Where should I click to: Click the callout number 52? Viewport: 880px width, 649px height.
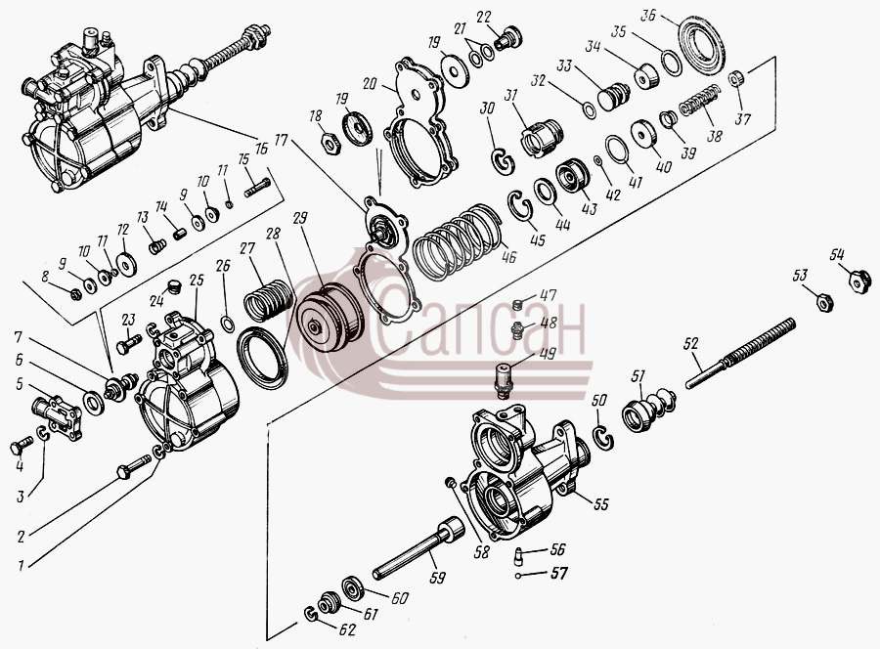coord(692,343)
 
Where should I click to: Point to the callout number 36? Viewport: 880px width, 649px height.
coord(647,16)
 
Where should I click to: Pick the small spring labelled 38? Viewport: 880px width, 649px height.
coord(700,100)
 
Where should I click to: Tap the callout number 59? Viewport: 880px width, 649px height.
coord(437,577)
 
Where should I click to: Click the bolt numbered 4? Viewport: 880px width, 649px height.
coord(22,446)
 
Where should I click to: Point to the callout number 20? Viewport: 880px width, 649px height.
coord(370,84)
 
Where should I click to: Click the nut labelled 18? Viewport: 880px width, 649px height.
coord(331,144)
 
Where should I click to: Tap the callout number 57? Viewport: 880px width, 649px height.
coord(558,573)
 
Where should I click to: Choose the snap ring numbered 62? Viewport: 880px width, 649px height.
coord(310,615)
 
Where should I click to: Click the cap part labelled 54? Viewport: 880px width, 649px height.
coord(859,280)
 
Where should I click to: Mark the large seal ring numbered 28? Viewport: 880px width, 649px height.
coord(263,359)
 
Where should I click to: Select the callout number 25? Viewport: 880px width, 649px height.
coord(196,280)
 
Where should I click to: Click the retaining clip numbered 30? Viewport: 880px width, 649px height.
coord(504,161)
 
